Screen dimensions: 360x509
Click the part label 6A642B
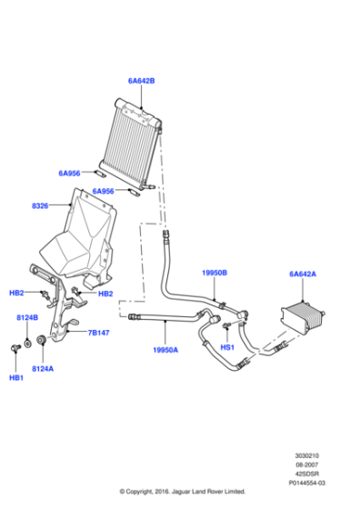point(141,80)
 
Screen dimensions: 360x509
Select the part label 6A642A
point(302,273)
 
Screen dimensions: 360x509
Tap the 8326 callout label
point(40,206)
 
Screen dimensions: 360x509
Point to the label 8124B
point(27,317)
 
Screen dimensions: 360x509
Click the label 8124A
point(43,368)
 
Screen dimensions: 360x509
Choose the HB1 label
point(16,377)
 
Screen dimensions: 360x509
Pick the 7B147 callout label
point(99,333)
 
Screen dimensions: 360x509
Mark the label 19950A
point(165,348)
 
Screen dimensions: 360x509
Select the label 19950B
point(214,272)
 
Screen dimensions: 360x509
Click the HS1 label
point(227,347)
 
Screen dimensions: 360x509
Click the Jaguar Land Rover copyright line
point(183,500)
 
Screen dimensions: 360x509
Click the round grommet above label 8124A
point(41,343)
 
